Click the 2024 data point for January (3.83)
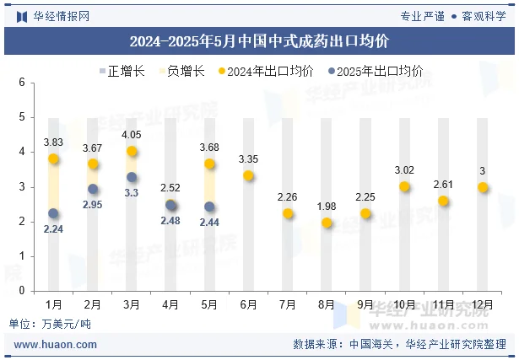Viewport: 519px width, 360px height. coord(54,159)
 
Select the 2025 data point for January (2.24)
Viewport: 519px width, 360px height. coord(54,213)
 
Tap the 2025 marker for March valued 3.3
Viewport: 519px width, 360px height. coord(132,177)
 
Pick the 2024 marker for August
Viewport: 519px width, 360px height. coord(327,223)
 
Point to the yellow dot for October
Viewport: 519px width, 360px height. coord(404,186)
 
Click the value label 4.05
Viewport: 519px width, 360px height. coord(132,135)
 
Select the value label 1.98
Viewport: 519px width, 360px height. coord(327,207)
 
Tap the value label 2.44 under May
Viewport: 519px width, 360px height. coord(209,223)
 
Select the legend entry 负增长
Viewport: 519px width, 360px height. coord(185,72)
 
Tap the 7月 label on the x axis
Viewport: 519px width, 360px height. coord(288,304)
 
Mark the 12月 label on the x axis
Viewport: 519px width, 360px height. coord(483,304)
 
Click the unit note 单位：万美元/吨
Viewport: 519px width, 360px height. coord(49,323)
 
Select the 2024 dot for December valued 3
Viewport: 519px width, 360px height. coord(483,187)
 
